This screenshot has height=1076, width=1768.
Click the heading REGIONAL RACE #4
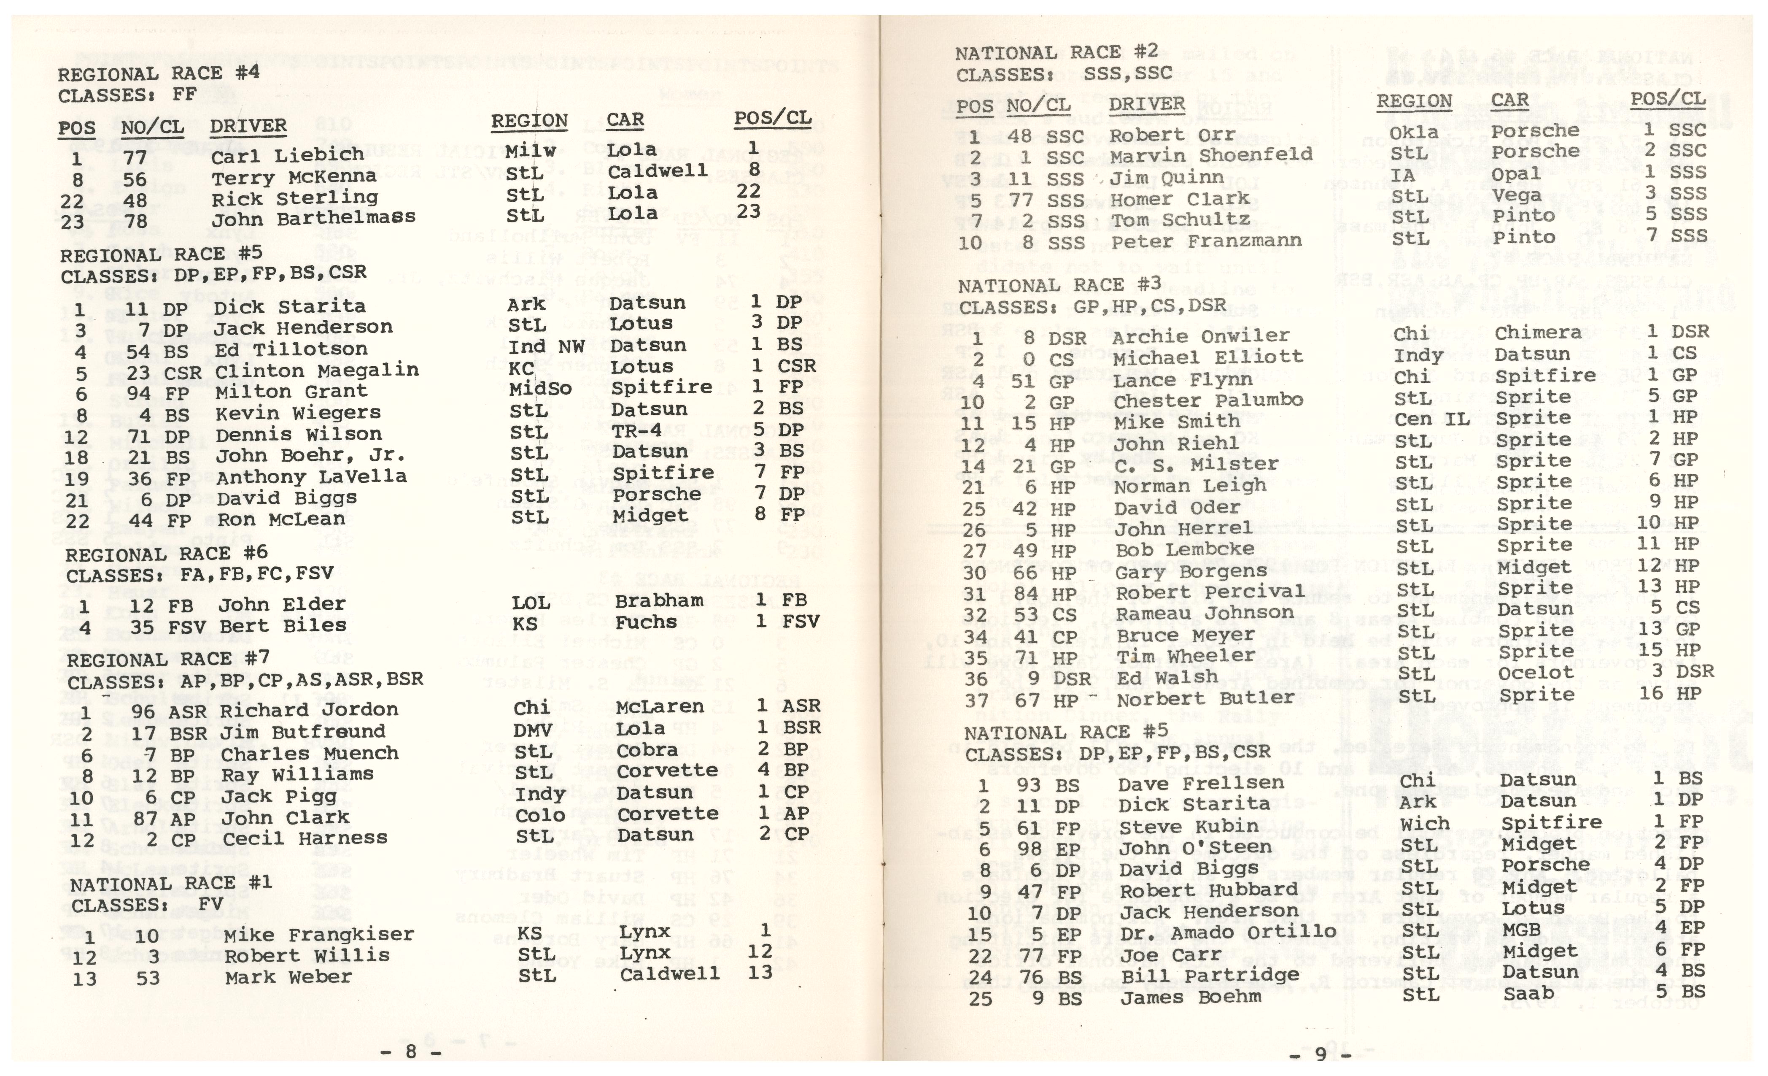click(x=159, y=74)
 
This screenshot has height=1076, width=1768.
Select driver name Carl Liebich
click(x=287, y=155)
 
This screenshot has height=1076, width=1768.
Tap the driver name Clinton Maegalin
click(x=316, y=371)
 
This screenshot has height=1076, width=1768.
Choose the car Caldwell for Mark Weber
click(x=669, y=974)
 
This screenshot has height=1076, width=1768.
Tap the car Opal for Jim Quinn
click(x=1515, y=174)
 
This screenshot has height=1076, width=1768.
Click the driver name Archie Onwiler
click(x=1200, y=336)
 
